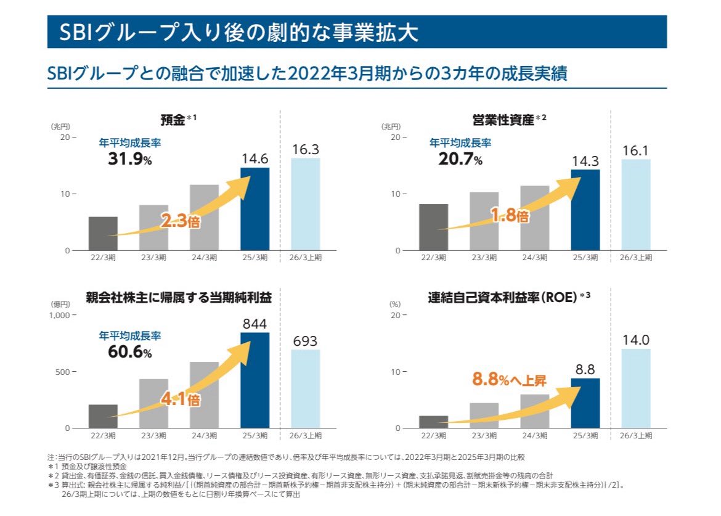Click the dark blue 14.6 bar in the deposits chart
pos(255,210)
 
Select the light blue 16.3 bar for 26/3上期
pos(305,205)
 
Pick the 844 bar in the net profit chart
pos(255,380)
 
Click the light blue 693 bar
pos(305,389)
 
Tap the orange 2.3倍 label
pos(181,221)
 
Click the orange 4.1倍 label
pos(181,399)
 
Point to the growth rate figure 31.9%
pos(126,160)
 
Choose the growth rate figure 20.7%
pos(456,160)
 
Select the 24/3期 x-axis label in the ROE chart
pos(534,436)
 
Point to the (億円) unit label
pos(60,304)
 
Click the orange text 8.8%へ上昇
pos(509,380)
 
